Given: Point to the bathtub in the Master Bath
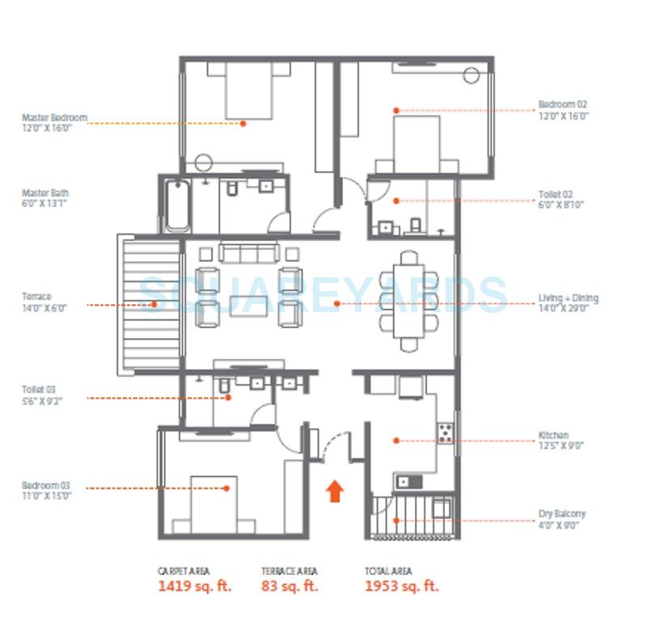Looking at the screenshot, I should (176, 206).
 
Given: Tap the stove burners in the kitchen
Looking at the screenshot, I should (445, 433).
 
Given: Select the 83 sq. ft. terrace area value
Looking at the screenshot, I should (290, 586).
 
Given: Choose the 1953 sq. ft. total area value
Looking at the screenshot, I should (402, 586).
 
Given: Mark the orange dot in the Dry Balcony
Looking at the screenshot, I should (396, 520).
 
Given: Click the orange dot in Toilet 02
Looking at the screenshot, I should (396, 200).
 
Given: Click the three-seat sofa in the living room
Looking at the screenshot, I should (249, 254).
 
